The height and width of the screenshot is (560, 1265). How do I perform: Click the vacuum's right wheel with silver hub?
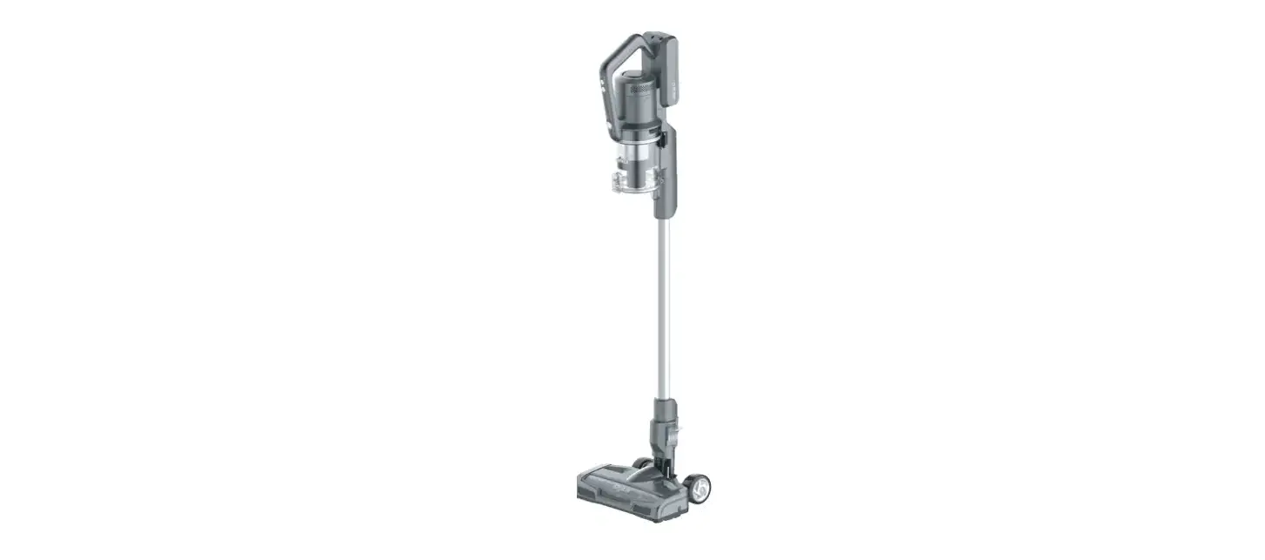pyautogui.click(x=699, y=489)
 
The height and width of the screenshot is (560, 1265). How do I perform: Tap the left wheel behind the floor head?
pyautogui.click(x=642, y=467)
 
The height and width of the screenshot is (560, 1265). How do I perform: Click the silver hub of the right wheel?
pyautogui.click(x=701, y=490)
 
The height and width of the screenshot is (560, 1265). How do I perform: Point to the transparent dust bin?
pyautogui.click(x=639, y=157)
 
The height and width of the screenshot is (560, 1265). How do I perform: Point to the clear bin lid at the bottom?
pyautogui.click(x=634, y=184)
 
